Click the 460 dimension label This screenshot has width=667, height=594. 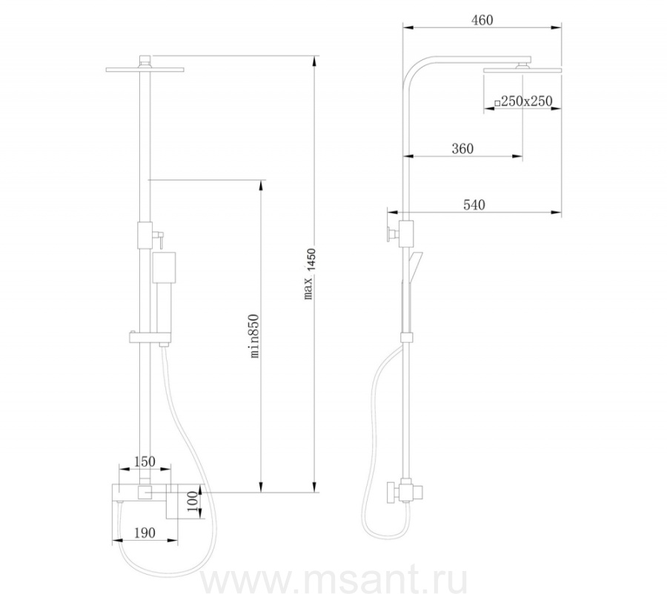click(482, 20)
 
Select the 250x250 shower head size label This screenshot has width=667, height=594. click(523, 101)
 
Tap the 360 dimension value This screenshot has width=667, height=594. click(462, 148)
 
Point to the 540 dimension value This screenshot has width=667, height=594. click(474, 205)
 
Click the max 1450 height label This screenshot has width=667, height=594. click(310, 274)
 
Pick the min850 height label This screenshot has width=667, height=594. click(254, 336)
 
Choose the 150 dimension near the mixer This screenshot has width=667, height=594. click(145, 461)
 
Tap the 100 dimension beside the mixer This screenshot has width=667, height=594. click(193, 503)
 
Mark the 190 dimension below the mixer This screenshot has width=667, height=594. click(145, 533)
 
